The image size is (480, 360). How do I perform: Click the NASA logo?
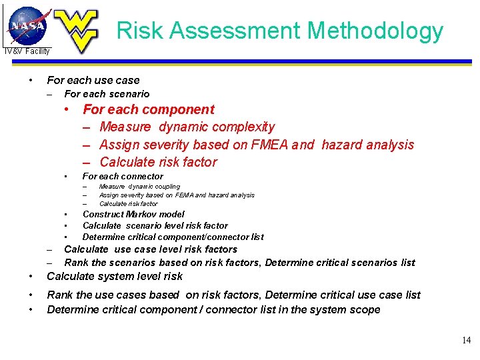point(27,25)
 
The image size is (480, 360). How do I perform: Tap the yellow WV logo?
point(75,31)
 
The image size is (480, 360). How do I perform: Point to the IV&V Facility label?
point(27,51)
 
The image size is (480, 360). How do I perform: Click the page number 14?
point(466,341)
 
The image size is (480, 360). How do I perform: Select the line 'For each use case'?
point(93,80)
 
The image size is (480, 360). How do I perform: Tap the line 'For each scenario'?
point(107,94)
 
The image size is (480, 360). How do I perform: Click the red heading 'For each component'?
point(148,109)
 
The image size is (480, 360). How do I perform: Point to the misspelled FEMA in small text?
point(185,195)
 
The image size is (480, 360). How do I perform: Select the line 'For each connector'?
point(123,177)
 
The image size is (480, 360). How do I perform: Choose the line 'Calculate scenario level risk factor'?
point(155,226)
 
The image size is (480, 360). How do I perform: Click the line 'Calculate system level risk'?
point(115,276)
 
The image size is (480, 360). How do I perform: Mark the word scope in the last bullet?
point(365,309)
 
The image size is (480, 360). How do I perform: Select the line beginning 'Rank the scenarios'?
point(239,263)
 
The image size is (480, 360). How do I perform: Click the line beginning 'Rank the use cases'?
point(233,295)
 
